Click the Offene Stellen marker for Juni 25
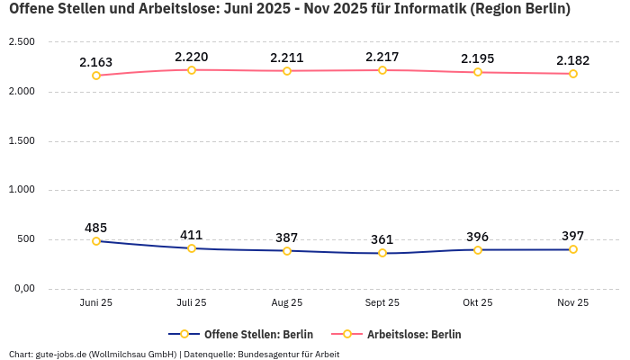pos(96,241)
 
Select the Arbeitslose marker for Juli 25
pos(192,70)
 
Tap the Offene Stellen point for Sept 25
pos(382,253)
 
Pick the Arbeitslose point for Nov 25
pos(573,74)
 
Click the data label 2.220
pos(192,57)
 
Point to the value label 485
pos(96,228)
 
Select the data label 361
pos(382,239)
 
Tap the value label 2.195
pos(478,58)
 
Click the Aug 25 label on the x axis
pos(287,303)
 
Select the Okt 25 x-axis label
pos(478,303)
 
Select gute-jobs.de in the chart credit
pos(60,354)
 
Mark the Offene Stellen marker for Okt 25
pos(478,250)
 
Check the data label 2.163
pos(96,62)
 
